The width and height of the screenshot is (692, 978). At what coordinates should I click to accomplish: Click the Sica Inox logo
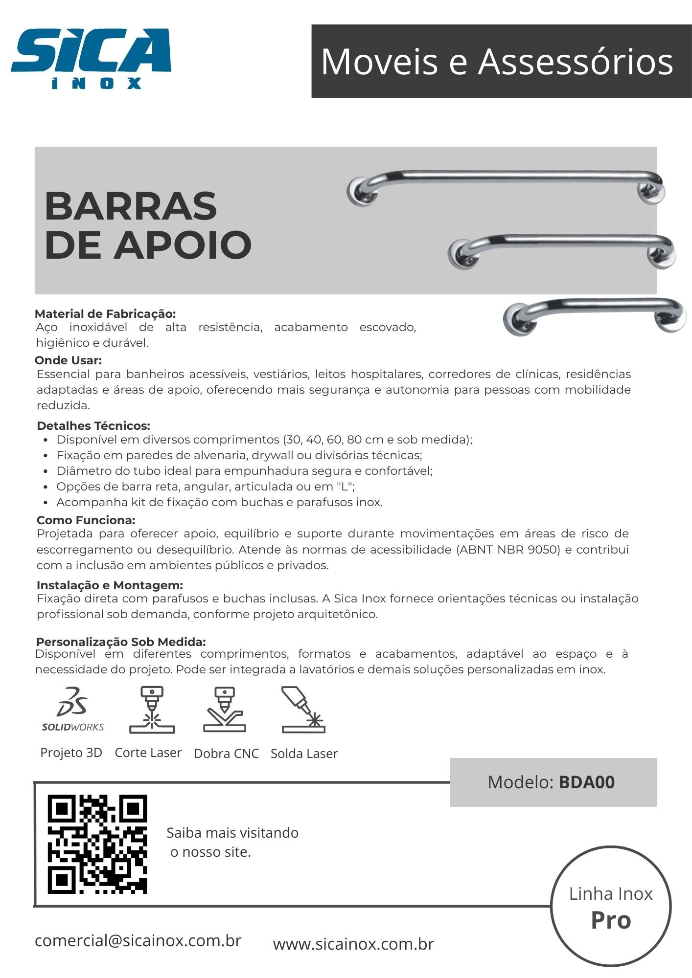tap(91, 58)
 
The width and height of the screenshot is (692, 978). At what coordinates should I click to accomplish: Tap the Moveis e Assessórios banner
tap(497, 62)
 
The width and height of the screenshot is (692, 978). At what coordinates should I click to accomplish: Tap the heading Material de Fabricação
tap(105, 314)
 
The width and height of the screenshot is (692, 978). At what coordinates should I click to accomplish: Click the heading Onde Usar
tap(68, 361)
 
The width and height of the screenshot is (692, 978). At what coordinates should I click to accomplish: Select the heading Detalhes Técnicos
tap(93, 425)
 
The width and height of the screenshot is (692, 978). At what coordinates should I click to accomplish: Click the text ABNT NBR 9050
tap(508, 549)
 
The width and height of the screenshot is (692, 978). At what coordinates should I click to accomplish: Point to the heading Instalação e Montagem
tap(110, 585)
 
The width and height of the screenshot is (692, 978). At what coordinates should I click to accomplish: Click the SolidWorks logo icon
tap(73, 709)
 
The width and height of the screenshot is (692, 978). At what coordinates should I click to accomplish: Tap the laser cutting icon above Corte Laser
tap(152, 710)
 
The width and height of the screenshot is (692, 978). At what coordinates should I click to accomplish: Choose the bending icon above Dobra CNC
tap(225, 710)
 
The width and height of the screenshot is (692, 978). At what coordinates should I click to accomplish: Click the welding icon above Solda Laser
tap(303, 710)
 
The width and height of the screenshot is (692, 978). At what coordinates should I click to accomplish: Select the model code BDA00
tap(586, 782)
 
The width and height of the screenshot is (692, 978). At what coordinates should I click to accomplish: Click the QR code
tap(97, 844)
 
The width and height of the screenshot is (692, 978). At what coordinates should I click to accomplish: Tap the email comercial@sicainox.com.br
tap(138, 940)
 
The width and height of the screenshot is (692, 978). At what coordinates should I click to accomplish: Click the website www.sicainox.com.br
tap(353, 944)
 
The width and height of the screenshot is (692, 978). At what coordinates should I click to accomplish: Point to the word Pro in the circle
tap(611, 920)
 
